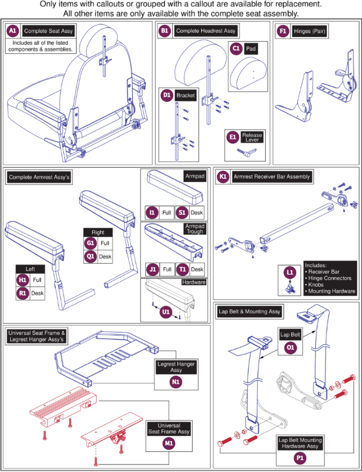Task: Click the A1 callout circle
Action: point(13,31)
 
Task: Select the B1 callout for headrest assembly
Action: point(165,31)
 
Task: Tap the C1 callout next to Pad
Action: point(236,49)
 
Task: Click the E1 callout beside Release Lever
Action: point(233,138)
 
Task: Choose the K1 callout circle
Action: point(223,177)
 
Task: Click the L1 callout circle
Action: point(290,272)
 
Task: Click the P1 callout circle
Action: point(300,457)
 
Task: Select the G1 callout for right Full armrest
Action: point(90,243)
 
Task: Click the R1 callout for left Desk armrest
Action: point(22,293)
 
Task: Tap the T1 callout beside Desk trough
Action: point(183,269)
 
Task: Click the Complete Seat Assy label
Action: point(48,31)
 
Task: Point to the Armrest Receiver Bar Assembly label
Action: point(272,177)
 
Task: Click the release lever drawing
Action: point(241,152)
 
